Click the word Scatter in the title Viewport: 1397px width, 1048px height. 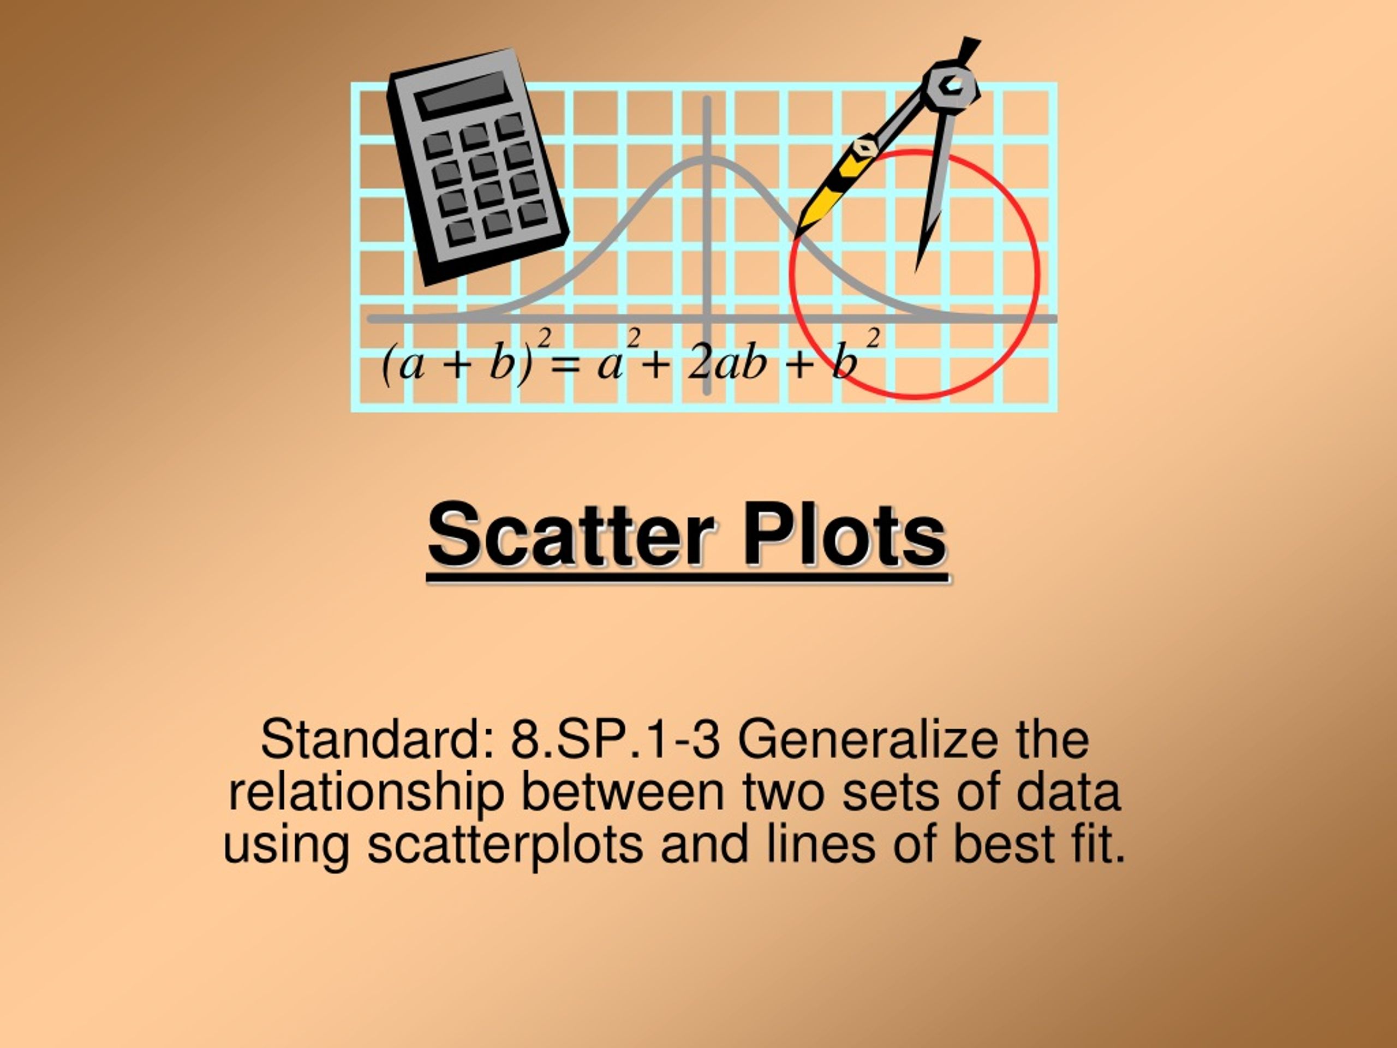(571, 535)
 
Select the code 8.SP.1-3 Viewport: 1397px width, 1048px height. (614, 740)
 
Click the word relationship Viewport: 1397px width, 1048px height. (366, 793)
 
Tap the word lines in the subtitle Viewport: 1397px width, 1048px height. (820, 844)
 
